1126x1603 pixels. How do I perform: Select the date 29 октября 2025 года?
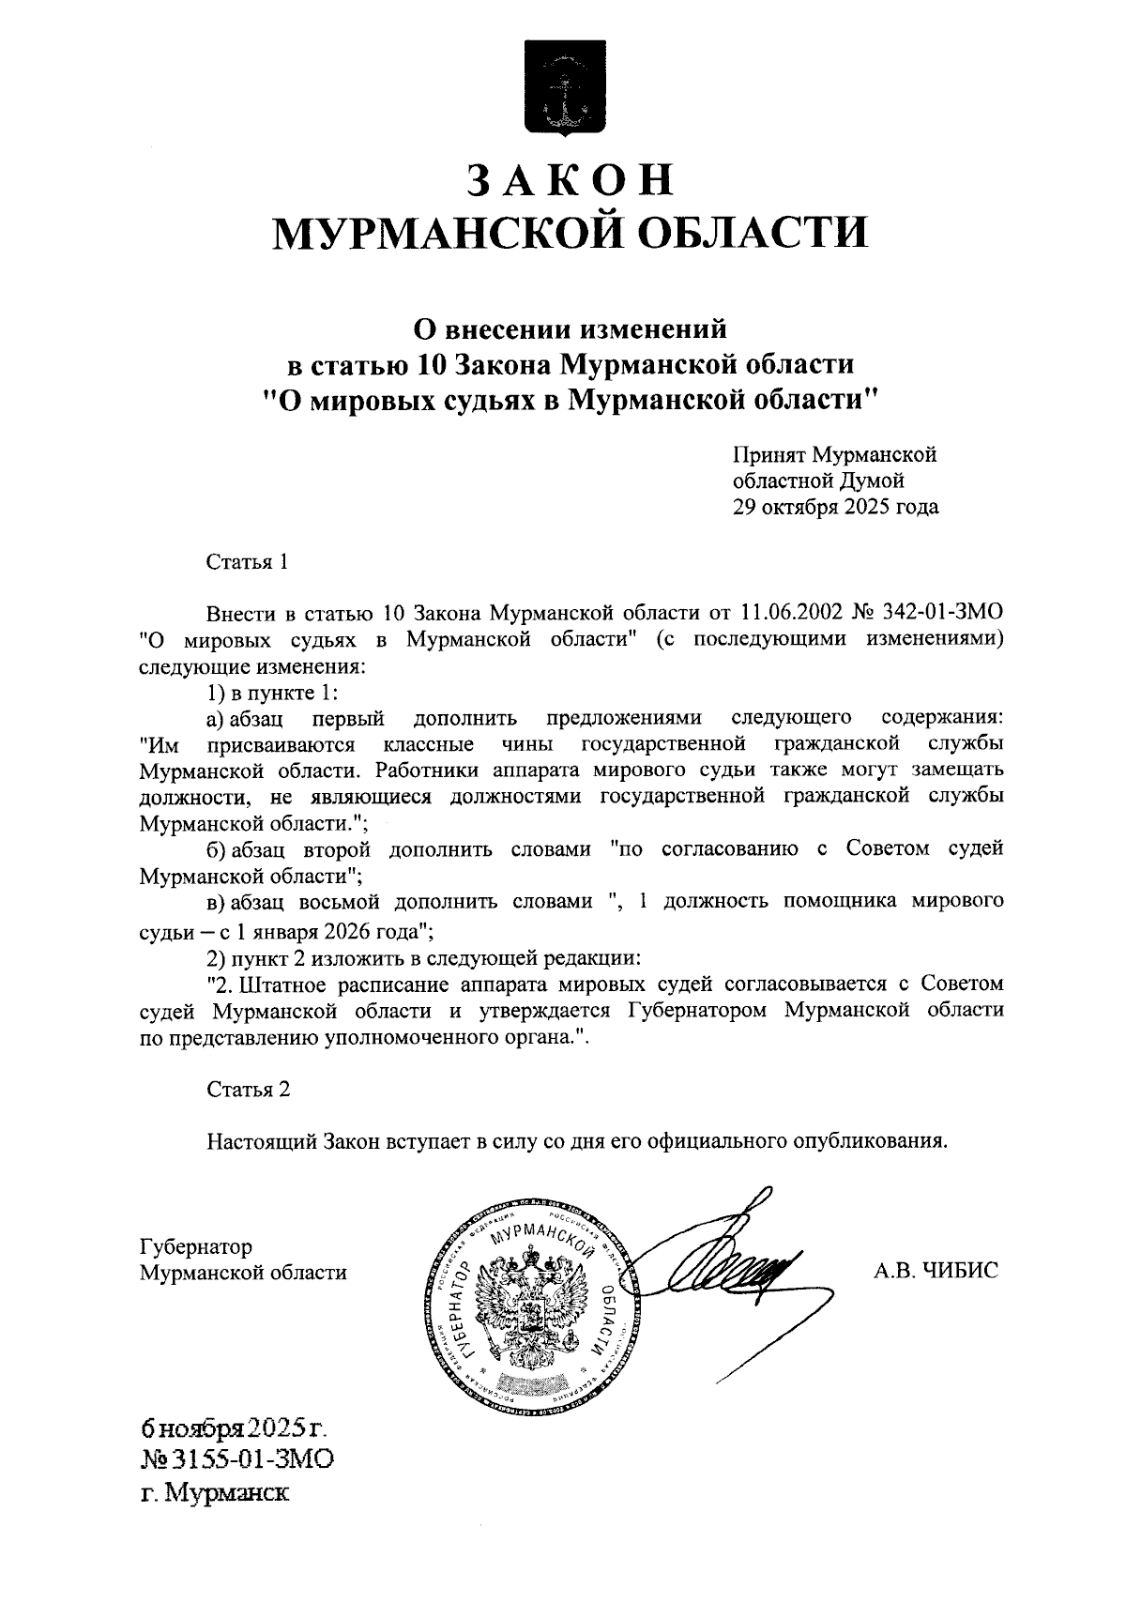[835, 508]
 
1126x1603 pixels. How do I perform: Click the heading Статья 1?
[248, 562]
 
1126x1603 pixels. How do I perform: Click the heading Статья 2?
[248, 1089]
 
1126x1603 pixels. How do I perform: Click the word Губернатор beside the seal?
[195, 1246]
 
